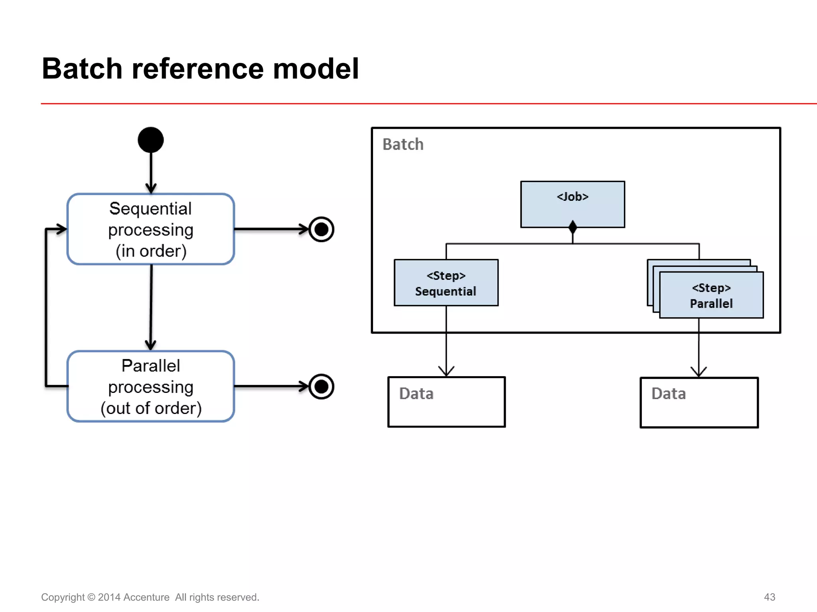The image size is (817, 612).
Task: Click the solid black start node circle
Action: tap(150, 140)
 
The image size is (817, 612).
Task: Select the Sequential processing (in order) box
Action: tap(150, 229)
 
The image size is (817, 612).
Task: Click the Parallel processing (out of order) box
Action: tap(150, 386)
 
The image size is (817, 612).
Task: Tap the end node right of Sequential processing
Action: tap(321, 229)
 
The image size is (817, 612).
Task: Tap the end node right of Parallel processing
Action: tap(321, 386)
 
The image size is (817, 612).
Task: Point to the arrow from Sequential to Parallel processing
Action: tap(151, 307)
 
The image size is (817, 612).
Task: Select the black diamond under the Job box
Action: tap(572, 227)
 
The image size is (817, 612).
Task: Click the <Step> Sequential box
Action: tap(446, 283)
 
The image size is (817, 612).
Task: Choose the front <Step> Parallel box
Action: tap(711, 295)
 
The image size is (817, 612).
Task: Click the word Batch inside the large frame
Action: tap(403, 144)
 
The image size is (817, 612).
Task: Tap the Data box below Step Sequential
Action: tap(446, 402)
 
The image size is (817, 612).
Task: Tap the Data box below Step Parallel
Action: tap(699, 402)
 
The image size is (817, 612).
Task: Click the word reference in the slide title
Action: tap(197, 69)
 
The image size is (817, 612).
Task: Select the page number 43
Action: tap(769, 597)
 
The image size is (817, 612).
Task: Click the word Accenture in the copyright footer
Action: tap(146, 597)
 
